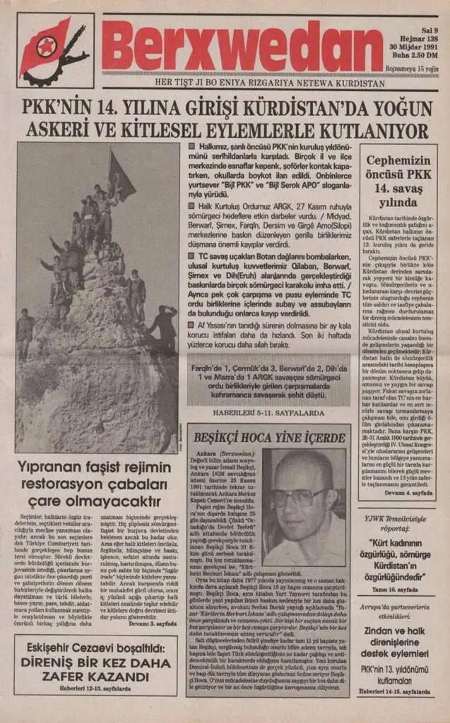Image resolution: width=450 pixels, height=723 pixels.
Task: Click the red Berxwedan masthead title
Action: coord(242,44)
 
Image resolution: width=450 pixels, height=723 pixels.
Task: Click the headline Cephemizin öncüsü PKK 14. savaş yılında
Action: coord(397,180)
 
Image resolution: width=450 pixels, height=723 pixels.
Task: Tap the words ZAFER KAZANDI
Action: coord(95,679)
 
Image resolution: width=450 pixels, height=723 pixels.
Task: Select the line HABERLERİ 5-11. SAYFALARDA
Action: coord(268,412)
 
